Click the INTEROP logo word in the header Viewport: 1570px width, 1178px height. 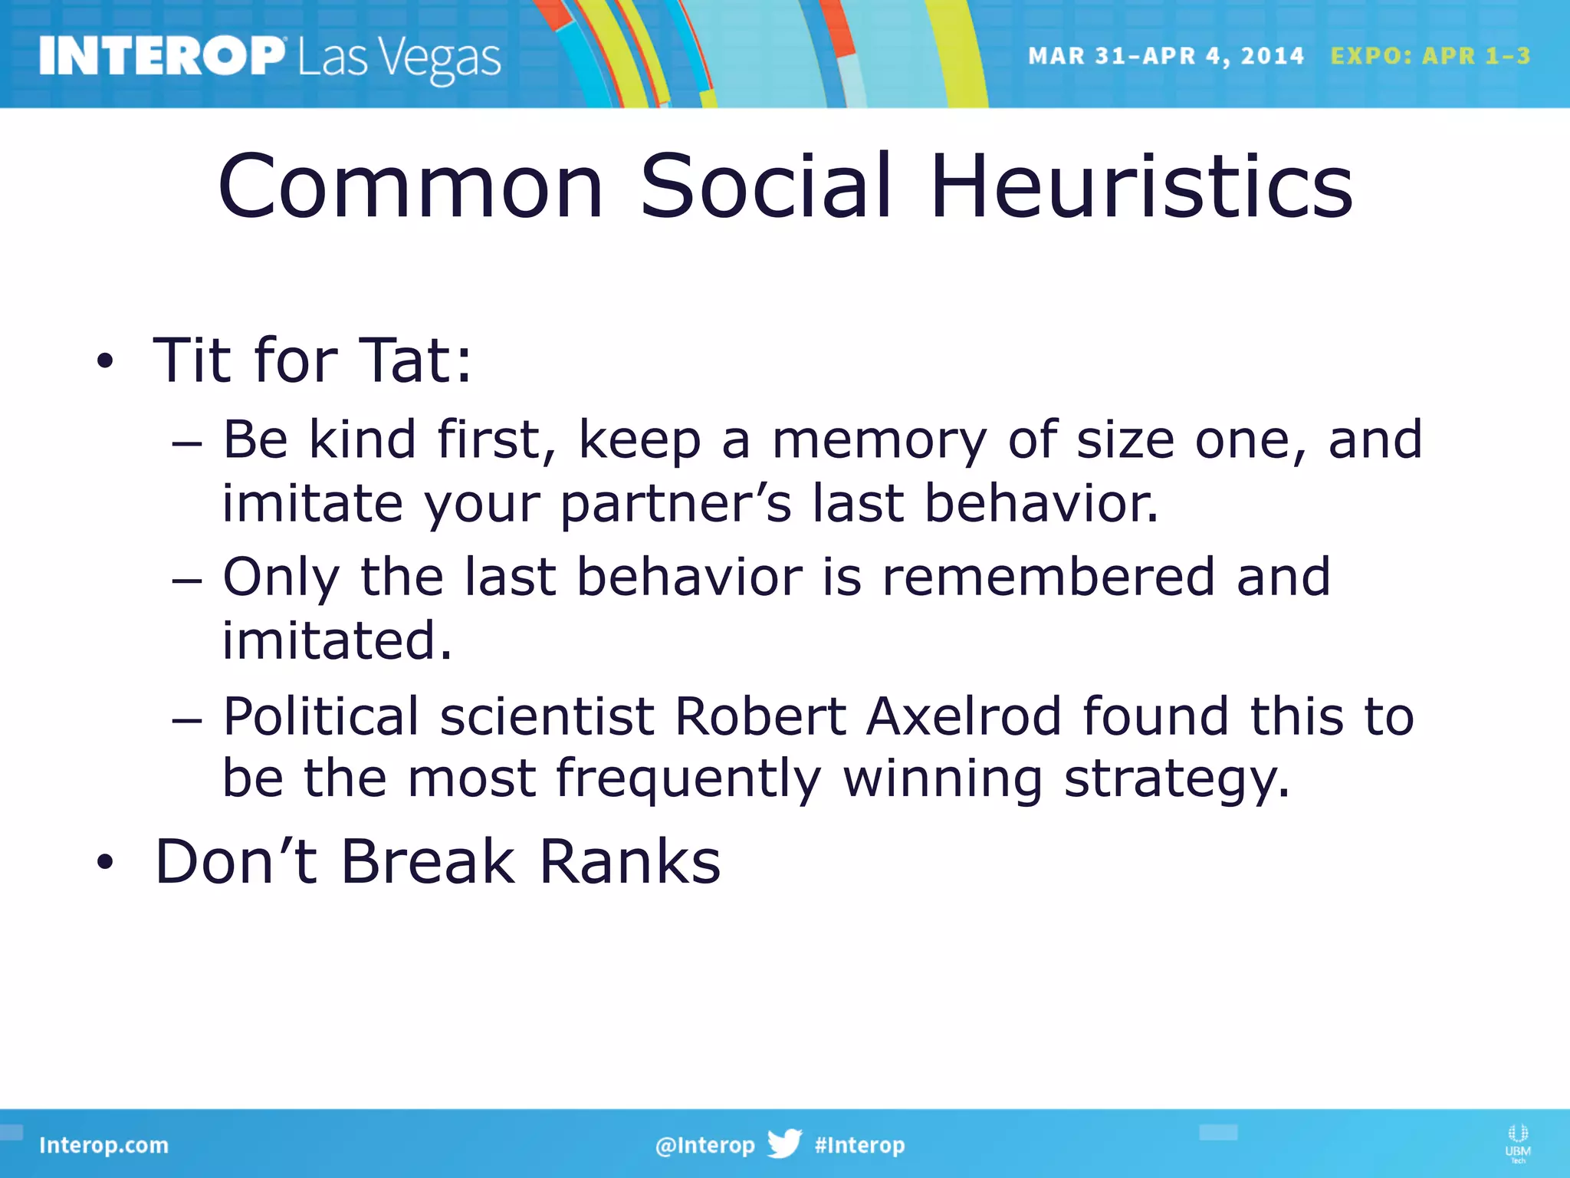(x=161, y=57)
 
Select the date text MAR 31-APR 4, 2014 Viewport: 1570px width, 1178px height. (x=1165, y=56)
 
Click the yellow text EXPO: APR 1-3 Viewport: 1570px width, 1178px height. (x=1430, y=56)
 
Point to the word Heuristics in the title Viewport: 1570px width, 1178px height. (x=1142, y=186)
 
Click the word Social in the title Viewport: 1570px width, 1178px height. (x=766, y=186)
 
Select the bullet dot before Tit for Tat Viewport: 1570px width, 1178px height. (x=105, y=361)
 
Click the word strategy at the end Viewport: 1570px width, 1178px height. (x=1177, y=779)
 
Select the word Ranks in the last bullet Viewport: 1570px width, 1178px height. (x=629, y=861)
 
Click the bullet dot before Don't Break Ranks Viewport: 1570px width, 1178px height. (x=105, y=863)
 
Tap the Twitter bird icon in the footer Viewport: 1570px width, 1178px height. (x=783, y=1143)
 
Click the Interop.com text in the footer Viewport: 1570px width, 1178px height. (x=103, y=1145)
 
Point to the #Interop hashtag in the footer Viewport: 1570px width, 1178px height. (x=859, y=1145)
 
